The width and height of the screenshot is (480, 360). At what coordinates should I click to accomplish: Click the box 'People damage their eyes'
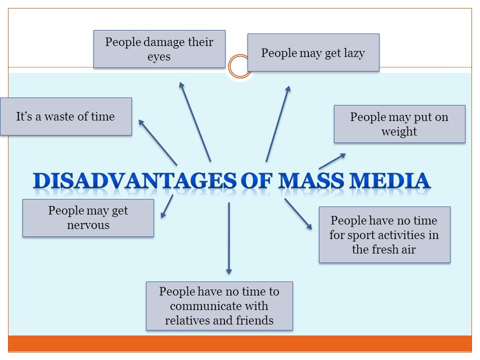click(x=159, y=49)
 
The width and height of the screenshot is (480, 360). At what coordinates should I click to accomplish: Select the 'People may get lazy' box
click(x=313, y=52)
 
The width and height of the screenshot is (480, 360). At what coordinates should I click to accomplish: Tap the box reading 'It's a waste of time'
click(x=66, y=116)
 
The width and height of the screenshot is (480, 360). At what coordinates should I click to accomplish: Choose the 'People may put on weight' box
click(x=399, y=124)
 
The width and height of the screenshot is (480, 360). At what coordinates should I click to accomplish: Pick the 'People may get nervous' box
click(x=88, y=218)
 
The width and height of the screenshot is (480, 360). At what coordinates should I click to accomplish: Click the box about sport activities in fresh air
click(x=384, y=235)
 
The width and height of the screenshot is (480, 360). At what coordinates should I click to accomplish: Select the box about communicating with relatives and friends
click(x=219, y=306)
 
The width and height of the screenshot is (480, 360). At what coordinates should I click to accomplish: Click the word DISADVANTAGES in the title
click(x=134, y=180)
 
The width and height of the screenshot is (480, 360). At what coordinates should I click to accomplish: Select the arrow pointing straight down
click(x=228, y=238)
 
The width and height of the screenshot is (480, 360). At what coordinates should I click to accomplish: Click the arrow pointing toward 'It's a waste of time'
click(x=157, y=142)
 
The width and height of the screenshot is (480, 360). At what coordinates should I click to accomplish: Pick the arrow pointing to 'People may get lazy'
click(x=278, y=123)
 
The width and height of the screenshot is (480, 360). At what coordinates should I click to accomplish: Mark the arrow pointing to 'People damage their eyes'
click(x=195, y=121)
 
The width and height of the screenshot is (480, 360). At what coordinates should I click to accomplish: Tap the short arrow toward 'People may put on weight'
click(x=332, y=161)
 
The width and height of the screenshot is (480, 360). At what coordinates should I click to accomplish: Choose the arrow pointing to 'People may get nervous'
click(x=167, y=206)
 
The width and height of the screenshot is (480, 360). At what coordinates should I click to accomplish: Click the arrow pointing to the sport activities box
click(x=298, y=213)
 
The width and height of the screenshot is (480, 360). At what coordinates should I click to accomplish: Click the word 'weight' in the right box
click(x=399, y=131)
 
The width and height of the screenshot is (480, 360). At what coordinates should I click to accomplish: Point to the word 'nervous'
click(x=88, y=225)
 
